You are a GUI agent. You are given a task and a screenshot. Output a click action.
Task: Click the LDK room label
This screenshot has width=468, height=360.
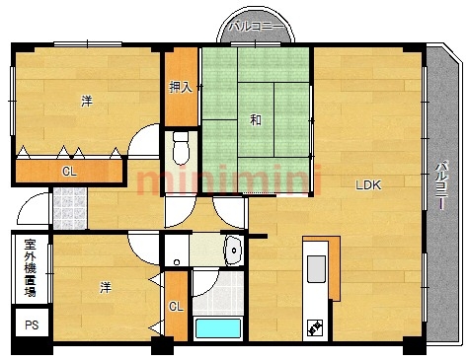click(368, 185)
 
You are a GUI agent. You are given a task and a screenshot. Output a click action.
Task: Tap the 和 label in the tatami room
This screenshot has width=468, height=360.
click(256, 119)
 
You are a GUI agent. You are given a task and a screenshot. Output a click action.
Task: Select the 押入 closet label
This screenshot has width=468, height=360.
click(180, 87)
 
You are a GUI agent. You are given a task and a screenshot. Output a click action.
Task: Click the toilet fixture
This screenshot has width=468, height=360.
click(181, 148)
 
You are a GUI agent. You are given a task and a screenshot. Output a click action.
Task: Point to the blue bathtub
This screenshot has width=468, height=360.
click(218, 328)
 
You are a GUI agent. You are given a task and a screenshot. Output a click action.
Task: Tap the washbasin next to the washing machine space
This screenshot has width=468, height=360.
click(233, 251)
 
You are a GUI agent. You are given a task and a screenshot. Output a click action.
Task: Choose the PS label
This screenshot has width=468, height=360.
click(32, 325)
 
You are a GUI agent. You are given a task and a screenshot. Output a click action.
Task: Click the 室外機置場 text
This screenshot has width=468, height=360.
click(31, 268)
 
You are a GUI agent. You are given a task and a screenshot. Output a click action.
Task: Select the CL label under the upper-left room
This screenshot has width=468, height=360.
click(69, 172)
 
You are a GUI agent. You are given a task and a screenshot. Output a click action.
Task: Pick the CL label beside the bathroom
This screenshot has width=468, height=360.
click(176, 307)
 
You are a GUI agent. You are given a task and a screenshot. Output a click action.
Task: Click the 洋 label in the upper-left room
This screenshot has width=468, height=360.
click(87, 101)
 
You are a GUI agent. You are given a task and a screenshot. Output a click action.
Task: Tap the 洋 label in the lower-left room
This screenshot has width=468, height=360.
click(106, 288)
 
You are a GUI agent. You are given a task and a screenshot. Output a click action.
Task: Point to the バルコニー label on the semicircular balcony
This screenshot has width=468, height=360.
click(256, 27)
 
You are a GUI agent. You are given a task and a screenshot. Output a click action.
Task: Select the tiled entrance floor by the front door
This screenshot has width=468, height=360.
click(70, 208)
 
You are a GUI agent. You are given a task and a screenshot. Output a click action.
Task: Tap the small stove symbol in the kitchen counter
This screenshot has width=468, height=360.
click(314, 327)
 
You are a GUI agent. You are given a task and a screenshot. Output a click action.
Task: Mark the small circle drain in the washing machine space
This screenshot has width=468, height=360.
click(177, 262)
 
